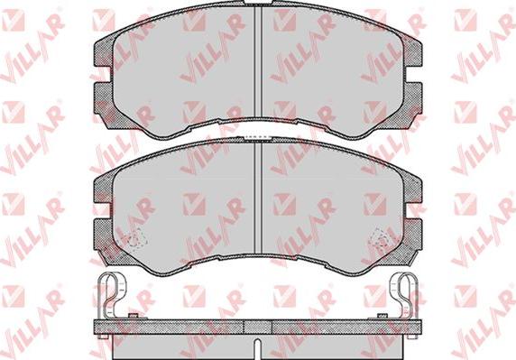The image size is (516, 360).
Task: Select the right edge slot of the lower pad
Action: (x=415, y=210)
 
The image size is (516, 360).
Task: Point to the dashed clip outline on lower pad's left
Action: (x=136, y=237)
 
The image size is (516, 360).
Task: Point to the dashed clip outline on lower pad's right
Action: (x=381, y=237)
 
